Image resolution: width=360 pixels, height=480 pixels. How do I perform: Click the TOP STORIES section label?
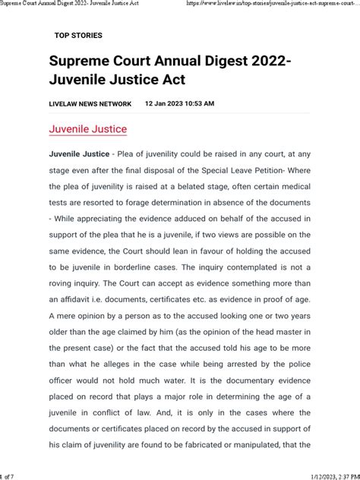[78, 36]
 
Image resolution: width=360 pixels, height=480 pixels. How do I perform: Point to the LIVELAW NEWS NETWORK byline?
[90, 104]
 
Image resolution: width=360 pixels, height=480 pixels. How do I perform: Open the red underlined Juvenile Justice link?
[88, 129]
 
